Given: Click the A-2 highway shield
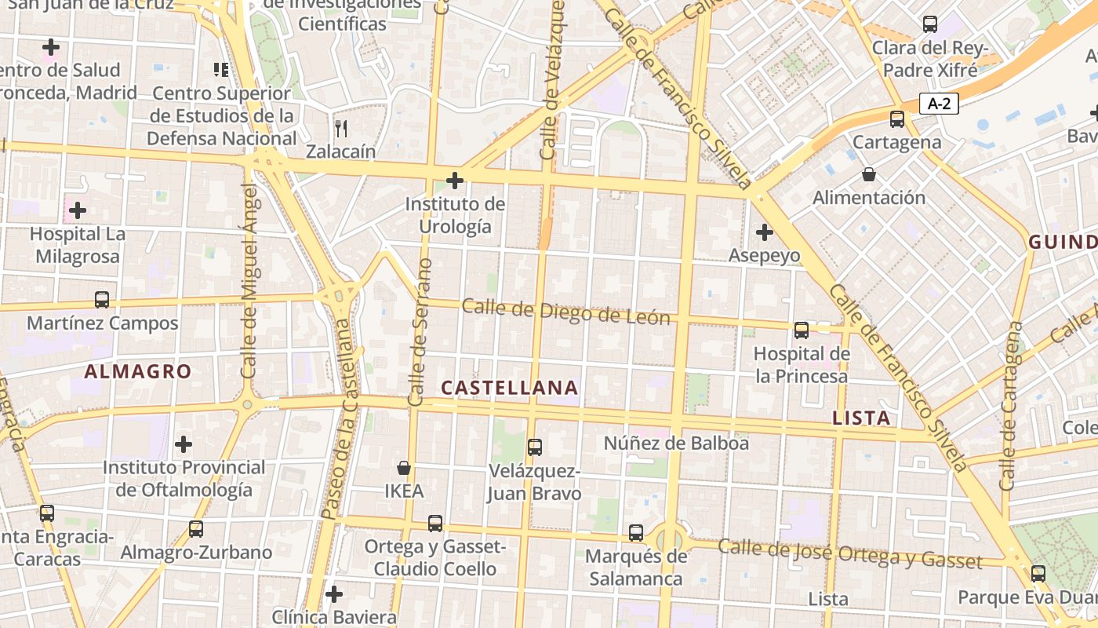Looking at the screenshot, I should pyautogui.click(x=939, y=103).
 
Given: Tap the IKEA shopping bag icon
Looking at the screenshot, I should pyautogui.click(x=404, y=468).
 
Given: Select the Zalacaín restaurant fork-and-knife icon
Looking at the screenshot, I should pyautogui.click(x=341, y=128).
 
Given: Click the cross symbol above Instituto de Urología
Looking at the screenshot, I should pyautogui.click(x=454, y=181).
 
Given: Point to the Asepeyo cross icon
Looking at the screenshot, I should pyautogui.click(x=764, y=232).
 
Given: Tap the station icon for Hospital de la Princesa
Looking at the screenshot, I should pyautogui.click(x=802, y=330).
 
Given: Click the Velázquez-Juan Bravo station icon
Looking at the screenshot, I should pyautogui.click(x=535, y=447).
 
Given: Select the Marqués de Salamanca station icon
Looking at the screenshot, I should pyautogui.click(x=636, y=532).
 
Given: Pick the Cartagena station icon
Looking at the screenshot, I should pyautogui.click(x=897, y=119).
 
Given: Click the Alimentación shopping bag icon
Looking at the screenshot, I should pyautogui.click(x=868, y=173).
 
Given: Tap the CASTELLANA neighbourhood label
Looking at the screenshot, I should pyautogui.click(x=510, y=388).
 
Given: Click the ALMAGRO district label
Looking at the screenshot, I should pyautogui.click(x=137, y=371).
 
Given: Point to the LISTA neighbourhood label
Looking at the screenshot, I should pyautogui.click(x=861, y=418).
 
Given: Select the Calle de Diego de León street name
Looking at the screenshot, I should pyautogui.click(x=565, y=312).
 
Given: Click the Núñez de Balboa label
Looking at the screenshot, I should pyautogui.click(x=676, y=443).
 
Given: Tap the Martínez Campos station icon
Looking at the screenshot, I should pyautogui.click(x=102, y=299).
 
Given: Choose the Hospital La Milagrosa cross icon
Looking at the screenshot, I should pyautogui.click(x=78, y=210).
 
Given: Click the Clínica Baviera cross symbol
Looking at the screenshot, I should pyautogui.click(x=334, y=593).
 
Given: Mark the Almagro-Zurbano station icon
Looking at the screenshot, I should pyautogui.click(x=196, y=528).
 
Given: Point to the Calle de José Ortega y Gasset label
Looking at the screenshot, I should pyautogui.click(x=850, y=553).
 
